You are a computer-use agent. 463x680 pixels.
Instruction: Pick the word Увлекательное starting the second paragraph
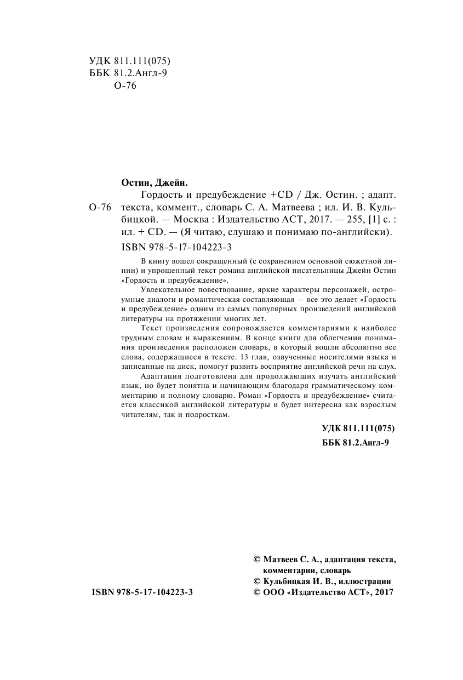pyautogui.click(x=164, y=289)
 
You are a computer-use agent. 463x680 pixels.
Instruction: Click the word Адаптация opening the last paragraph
pyautogui.click(x=158, y=376)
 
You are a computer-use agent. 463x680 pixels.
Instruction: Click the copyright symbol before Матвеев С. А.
pyautogui.click(x=256, y=560)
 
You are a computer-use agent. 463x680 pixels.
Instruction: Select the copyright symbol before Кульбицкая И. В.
pyautogui.click(x=256, y=581)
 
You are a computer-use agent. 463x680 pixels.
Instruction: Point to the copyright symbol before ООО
pyautogui.click(x=256, y=592)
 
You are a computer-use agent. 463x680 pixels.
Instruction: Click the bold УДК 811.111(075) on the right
pyautogui.click(x=358, y=428)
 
